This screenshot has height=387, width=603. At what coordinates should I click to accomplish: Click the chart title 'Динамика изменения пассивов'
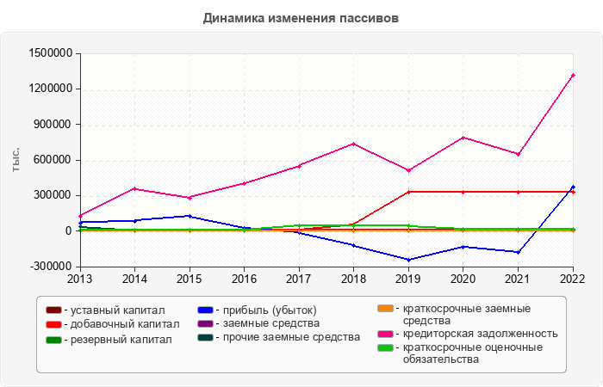pos(301,18)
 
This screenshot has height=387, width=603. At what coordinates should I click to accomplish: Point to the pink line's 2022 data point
pos(573,76)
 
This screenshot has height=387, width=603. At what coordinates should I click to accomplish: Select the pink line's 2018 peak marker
pos(353,144)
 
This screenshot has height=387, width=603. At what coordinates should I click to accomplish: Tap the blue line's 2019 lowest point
pos(408,260)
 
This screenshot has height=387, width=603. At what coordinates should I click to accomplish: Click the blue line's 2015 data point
pos(190,216)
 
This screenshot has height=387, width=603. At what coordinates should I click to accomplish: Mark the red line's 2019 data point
pos(408,192)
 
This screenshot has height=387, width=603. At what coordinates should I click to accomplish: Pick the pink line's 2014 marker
pos(134,188)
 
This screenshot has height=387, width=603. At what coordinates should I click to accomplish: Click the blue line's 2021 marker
pos(518,252)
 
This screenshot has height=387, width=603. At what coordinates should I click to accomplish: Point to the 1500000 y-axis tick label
pos(51,53)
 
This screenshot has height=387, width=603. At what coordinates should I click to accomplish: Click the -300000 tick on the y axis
pos(53,267)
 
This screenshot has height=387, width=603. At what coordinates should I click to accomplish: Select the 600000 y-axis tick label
pos(54,160)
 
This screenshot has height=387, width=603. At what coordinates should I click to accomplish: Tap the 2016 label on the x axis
pos(244,279)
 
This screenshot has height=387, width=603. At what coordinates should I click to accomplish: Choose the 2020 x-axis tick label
pos(463,279)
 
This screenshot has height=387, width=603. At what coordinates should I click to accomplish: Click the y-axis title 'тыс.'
pos(16,160)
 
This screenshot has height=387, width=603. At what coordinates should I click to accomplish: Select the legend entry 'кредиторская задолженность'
pos(468,334)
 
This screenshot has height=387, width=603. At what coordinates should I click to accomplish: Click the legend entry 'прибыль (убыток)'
pos(258,310)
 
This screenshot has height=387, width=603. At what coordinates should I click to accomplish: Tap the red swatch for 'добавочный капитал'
pos(53,325)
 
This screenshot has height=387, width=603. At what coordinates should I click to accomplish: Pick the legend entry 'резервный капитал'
pos(109,340)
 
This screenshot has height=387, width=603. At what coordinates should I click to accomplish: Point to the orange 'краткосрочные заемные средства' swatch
pos(385,309)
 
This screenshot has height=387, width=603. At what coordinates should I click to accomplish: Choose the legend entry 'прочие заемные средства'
pos(279,337)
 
